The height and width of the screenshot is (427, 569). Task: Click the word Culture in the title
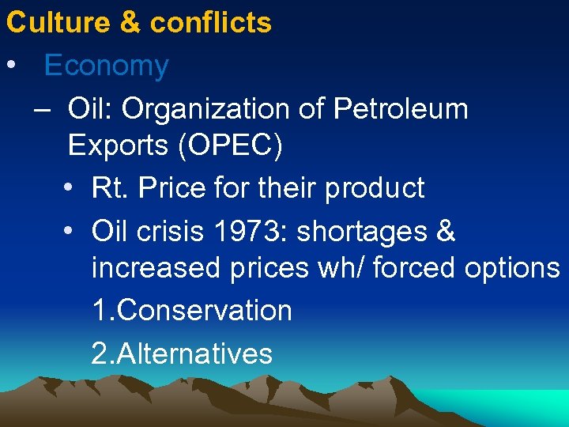(57, 22)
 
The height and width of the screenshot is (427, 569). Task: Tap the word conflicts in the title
(210, 22)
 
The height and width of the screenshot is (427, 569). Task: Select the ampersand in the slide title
(130, 22)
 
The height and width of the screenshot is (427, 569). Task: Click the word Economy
(107, 66)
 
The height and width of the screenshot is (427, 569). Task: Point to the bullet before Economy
(11, 66)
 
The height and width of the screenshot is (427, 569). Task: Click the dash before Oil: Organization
(43, 108)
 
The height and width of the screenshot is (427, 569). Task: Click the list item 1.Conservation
(191, 310)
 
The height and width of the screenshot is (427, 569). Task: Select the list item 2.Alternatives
(182, 353)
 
